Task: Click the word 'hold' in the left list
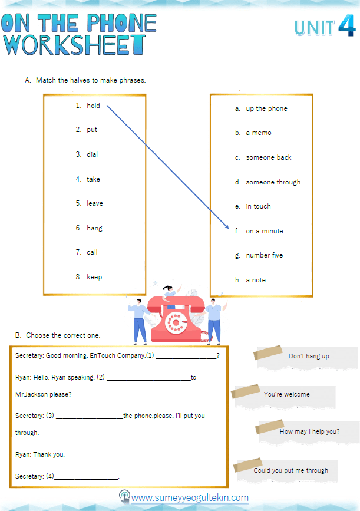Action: click(93, 106)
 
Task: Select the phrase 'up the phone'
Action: click(266, 108)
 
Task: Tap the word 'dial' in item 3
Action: click(93, 154)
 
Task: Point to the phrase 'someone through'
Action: click(273, 182)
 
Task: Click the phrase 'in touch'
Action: click(258, 206)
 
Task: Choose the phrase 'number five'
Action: click(264, 255)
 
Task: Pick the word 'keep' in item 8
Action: click(94, 277)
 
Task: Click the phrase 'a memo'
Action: click(259, 133)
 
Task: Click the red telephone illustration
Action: click(174, 318)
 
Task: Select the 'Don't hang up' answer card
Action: click(308, 357)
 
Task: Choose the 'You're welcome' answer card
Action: click(286, 394)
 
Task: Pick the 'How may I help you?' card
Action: click(309, 431)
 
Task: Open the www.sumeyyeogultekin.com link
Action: click(189, 498)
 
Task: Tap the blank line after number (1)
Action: click(186, 355)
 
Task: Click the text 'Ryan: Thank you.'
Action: click(40, 454)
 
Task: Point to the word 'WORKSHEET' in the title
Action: click(74, 45)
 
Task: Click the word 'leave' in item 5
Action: click(95, 203)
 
